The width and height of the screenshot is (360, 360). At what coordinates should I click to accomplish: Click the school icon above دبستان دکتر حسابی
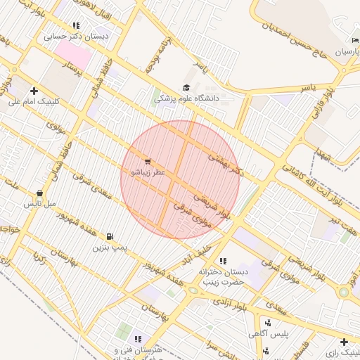click(76, 26)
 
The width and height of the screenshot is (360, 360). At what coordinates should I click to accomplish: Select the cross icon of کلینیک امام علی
click(34, 91)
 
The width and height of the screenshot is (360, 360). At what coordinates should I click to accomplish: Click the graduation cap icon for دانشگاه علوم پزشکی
click(186, 88)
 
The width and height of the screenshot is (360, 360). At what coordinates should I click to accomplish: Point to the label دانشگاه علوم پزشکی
click(187, 99)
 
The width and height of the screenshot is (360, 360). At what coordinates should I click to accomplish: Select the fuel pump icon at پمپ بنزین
click(110, 237)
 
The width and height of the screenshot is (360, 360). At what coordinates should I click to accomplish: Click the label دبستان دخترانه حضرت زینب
click(224, 276)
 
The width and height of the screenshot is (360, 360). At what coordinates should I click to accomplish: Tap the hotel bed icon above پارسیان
click(355, 41)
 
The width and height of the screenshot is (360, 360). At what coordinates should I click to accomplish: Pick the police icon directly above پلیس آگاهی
click(269, 323)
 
